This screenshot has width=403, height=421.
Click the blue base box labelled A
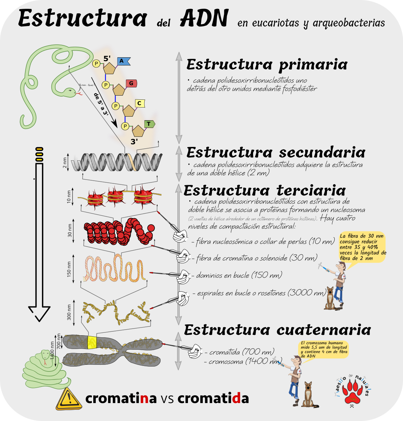(122, 61)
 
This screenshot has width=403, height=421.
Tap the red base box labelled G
(131, 83)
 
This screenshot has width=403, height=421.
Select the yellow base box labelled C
(139, 103)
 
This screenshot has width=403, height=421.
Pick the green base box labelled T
(149, 124)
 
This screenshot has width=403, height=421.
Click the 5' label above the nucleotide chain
(107, 59)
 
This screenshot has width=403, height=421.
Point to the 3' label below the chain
(134, 142)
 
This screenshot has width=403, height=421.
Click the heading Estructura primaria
(267, 65)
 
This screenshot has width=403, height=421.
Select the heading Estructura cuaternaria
(277, 330)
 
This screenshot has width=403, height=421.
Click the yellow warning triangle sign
(69, 399)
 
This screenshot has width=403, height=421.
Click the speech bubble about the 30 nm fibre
(363, 247)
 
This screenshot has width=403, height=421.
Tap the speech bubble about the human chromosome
(323, 349)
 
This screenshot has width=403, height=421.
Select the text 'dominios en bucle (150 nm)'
(239, 275)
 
